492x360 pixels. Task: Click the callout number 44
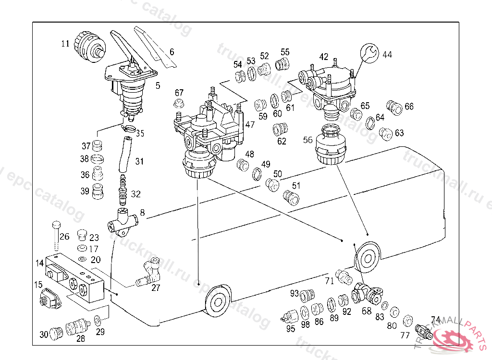coord(387,55)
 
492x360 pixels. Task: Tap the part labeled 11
coord(88,46)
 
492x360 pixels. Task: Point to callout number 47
coord(250,124)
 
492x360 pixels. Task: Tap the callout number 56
coord(307,140)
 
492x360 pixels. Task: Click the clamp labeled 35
coord(128,128)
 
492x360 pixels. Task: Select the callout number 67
coord(179,93)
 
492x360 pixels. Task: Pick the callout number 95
coord(291,329)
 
